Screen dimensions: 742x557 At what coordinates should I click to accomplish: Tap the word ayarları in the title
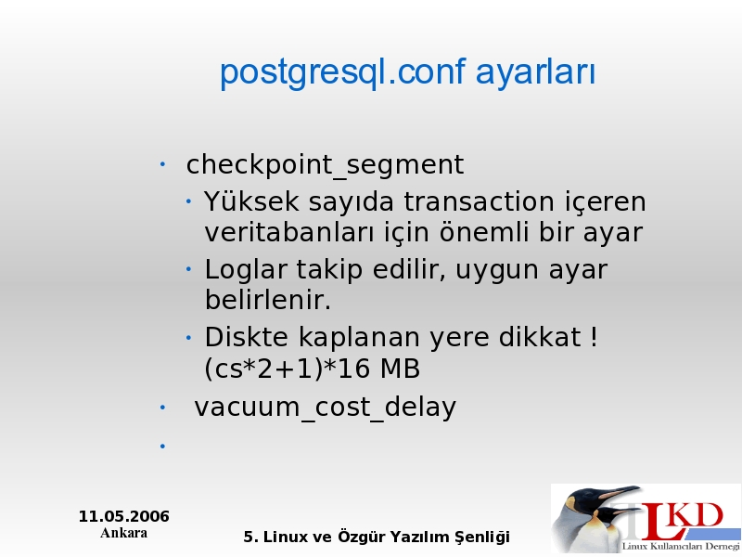535,73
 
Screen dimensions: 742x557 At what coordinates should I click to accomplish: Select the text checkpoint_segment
325,165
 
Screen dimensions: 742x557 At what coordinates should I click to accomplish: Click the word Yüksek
251,201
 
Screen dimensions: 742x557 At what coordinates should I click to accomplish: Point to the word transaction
479,201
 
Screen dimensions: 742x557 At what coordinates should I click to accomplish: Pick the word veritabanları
289,232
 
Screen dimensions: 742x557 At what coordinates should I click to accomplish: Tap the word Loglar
246,269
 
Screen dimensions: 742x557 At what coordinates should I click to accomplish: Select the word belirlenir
268,300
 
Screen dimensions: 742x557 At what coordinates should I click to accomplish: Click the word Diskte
246,337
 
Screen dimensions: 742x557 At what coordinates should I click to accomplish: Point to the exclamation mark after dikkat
594,337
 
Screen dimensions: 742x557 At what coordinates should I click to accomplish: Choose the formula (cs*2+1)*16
287,369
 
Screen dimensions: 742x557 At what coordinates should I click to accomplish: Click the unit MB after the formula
400,369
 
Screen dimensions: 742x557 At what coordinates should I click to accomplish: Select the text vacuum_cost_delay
326,408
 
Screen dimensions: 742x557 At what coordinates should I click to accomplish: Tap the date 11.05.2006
124,516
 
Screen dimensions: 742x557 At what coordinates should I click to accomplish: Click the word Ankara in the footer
124,533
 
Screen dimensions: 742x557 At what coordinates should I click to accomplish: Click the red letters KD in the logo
697,515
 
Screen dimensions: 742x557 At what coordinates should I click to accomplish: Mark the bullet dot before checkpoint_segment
162,164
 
